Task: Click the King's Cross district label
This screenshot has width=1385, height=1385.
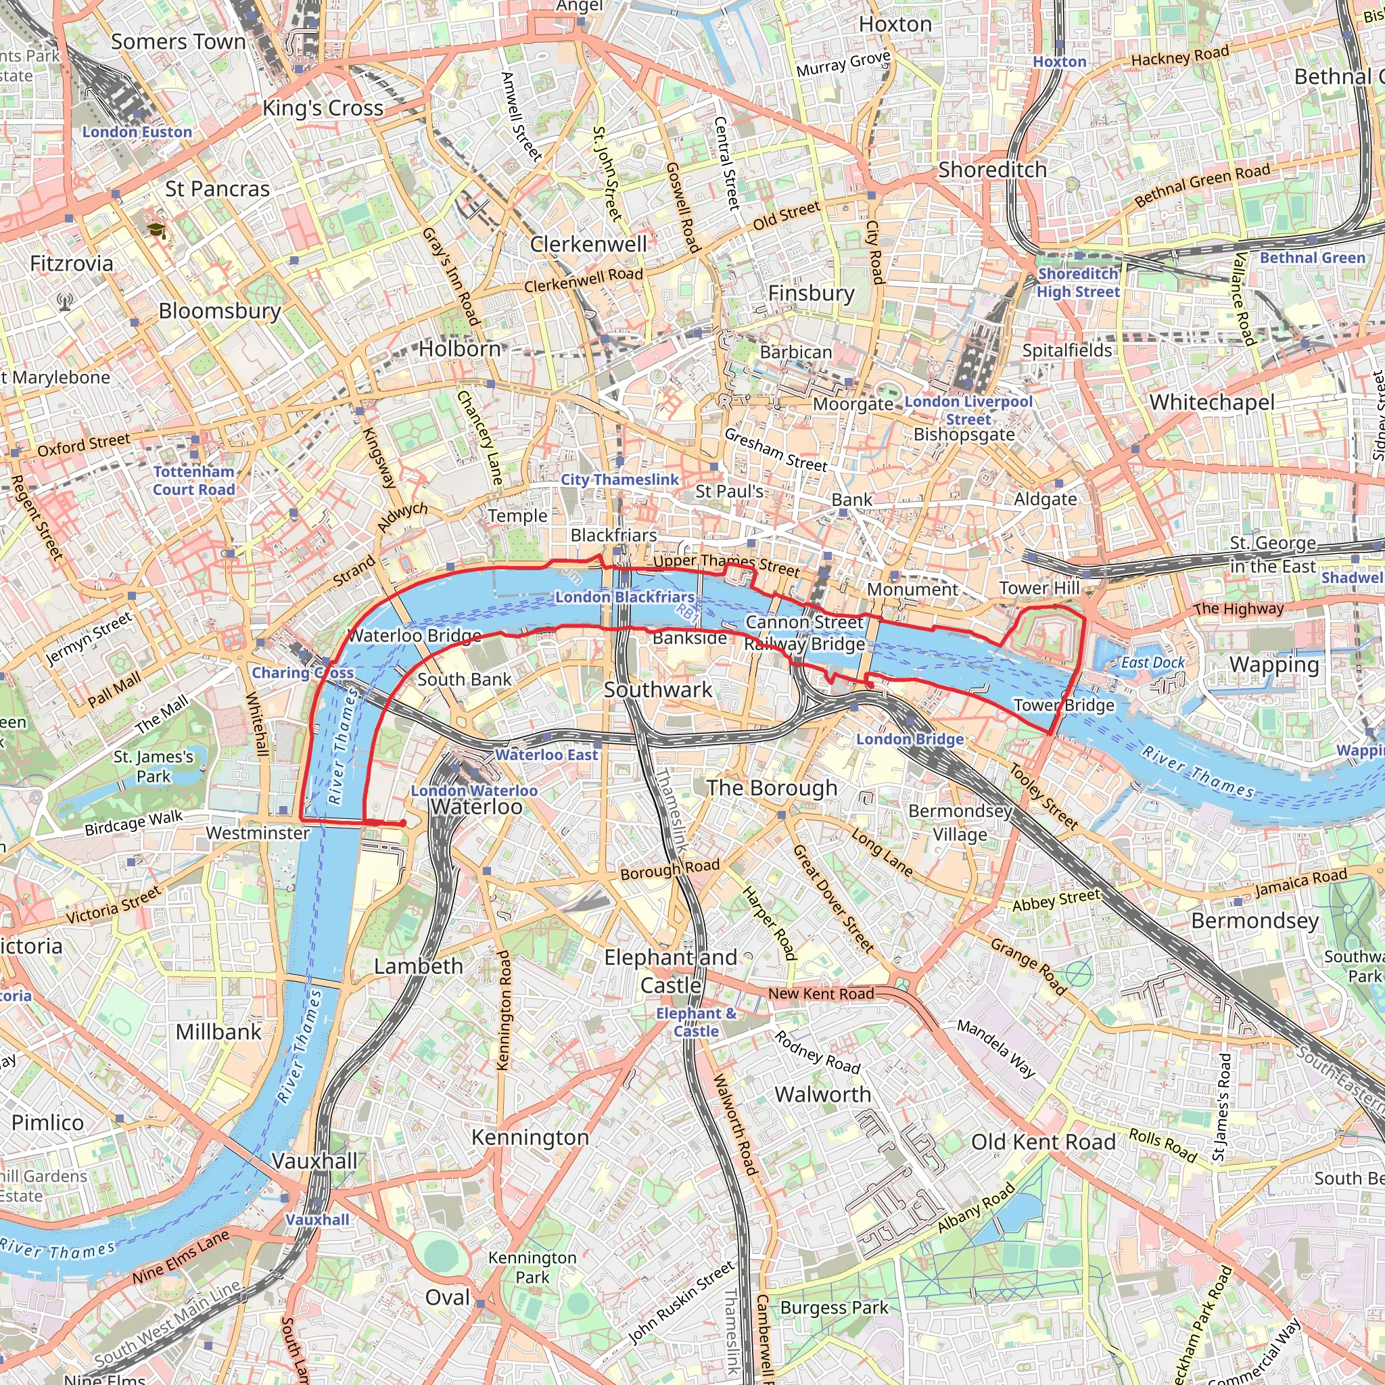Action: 323,108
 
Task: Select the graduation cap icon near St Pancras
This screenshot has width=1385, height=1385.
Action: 156,230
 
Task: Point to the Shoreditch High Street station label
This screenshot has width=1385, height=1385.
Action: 1077,283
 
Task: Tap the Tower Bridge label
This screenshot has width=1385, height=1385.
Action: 1064,705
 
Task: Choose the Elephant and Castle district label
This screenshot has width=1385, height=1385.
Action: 670,971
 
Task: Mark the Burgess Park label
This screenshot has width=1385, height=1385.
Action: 834,1307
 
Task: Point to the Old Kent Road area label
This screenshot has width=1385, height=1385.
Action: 1043,1142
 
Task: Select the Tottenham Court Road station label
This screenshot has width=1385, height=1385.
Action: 193,480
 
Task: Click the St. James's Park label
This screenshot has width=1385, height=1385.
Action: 154,766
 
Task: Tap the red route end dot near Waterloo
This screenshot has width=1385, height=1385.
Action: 404,823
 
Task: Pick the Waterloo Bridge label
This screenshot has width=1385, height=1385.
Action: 415,635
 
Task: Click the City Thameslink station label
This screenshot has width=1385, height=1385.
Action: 619,479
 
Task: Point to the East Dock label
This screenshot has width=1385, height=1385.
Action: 1153,662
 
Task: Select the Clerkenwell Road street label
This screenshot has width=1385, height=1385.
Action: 583,280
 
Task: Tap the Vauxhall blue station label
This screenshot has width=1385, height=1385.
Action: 318,1219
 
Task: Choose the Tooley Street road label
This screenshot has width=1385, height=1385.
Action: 1043,797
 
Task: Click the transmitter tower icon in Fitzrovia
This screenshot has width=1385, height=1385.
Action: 65,302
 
